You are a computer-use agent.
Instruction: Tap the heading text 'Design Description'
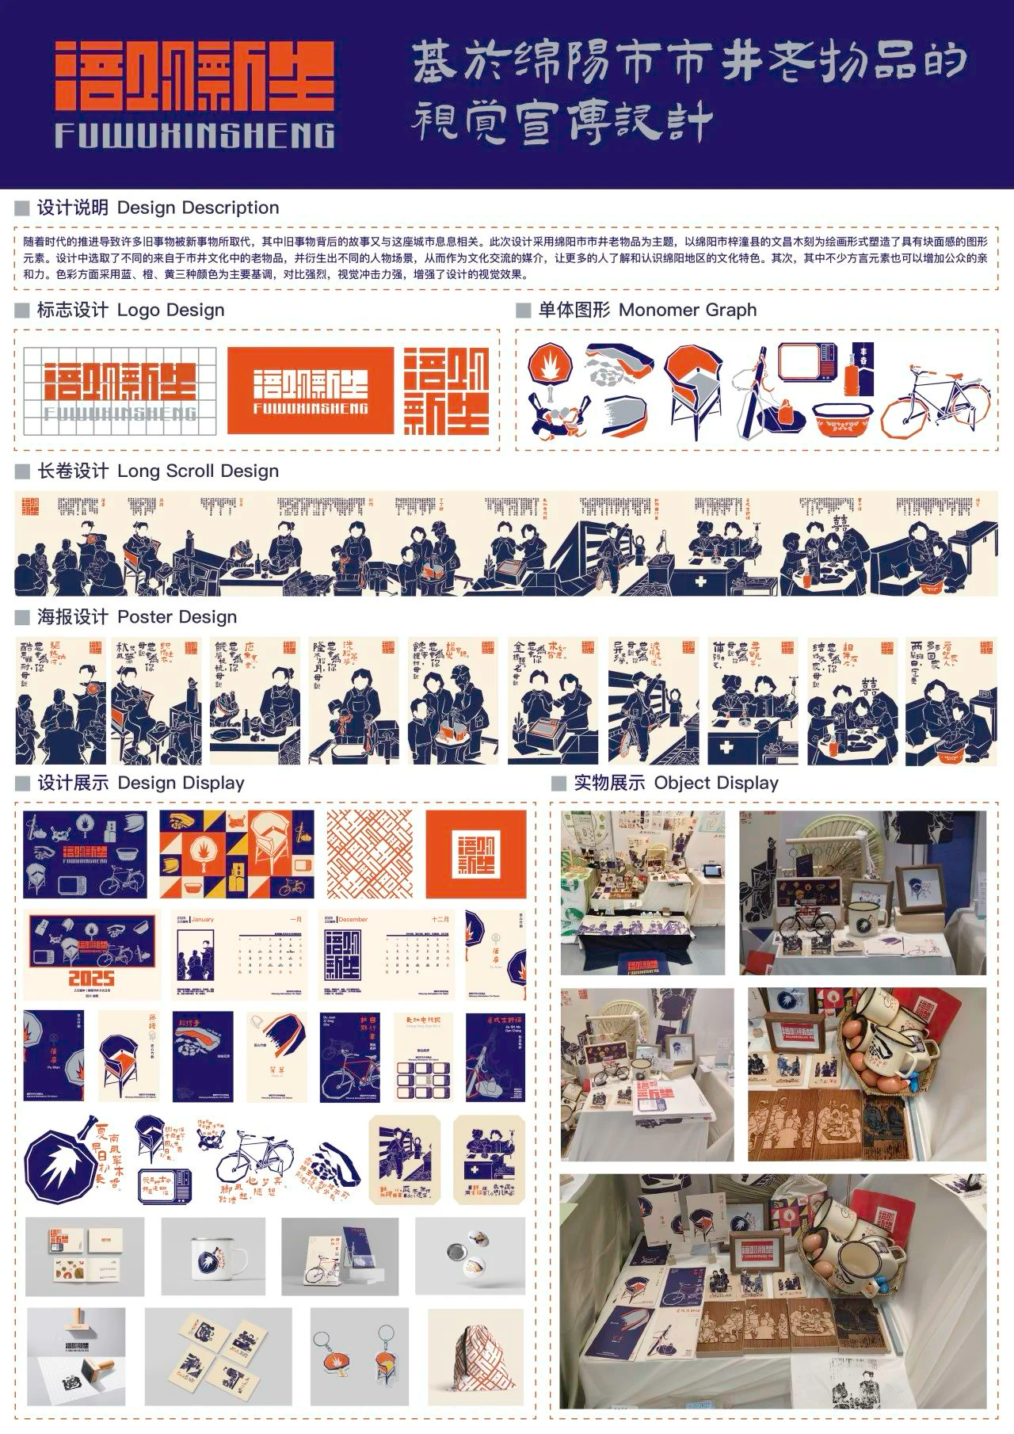pos(198,208)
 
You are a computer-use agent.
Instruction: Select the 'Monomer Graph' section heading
pos(687,310)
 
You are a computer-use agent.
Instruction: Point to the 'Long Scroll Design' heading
pos(198,471)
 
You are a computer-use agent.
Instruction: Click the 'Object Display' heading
pos(716,783)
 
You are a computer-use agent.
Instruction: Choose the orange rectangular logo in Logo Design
pos(310,390)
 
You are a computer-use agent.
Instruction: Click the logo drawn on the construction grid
pos(120,390)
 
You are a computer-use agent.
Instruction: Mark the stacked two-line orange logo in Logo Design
pos(447,390)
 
